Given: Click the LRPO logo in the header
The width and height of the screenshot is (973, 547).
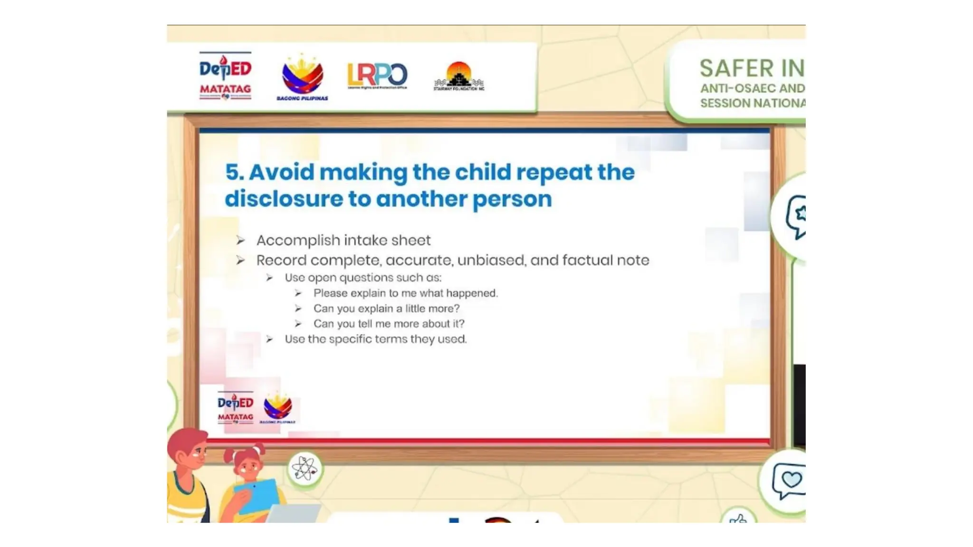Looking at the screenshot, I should tap(377, 75).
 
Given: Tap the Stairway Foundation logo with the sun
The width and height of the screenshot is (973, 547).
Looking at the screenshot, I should tap(459, 76).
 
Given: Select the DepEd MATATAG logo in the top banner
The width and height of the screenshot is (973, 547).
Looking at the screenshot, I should tap(225, 76).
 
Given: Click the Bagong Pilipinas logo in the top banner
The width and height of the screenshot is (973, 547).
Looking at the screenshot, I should tap(302, 77).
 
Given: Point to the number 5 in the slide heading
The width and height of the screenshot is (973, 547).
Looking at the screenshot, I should tap(232, 172).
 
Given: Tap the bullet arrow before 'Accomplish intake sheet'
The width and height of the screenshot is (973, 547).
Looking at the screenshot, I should tap(241, 241).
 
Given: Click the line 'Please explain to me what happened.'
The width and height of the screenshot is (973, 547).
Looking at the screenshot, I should tap(405, 293).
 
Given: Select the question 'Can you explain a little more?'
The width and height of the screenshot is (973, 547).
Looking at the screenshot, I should tap(386, 309).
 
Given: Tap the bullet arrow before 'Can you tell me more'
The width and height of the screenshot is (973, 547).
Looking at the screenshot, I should tap(298, 324).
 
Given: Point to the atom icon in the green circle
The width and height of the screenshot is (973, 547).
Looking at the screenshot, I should tap(305, 469).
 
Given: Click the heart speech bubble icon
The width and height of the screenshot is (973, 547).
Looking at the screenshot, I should tap(789, 481).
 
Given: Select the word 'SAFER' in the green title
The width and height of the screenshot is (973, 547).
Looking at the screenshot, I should tap(736, 68).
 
